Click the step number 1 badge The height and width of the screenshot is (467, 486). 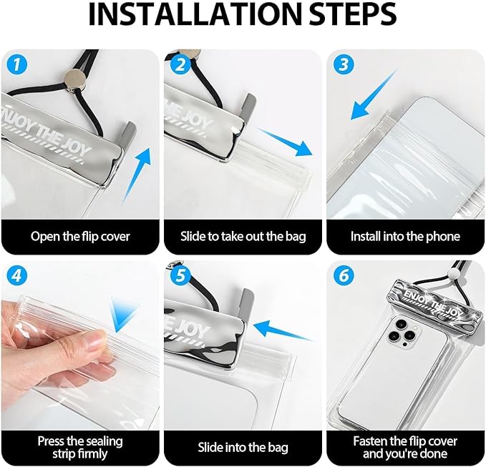click(16, 65)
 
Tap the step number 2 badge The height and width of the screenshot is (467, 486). click(180, 65)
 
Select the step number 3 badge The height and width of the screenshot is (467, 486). click(344, 65)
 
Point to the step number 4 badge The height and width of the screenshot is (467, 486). click(16, 275)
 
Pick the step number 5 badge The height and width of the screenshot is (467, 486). click(180, 275)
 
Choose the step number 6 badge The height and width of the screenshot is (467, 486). click(344, 275)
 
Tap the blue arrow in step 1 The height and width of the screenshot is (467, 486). click(137, 175)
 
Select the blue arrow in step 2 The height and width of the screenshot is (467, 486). click(283, 142)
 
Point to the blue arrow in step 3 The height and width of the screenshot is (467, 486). click(374, 94)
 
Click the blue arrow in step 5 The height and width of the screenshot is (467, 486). click(283, 330)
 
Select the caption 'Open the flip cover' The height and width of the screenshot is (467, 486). click(80, 236)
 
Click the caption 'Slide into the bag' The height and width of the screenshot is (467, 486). click(243, 448)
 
